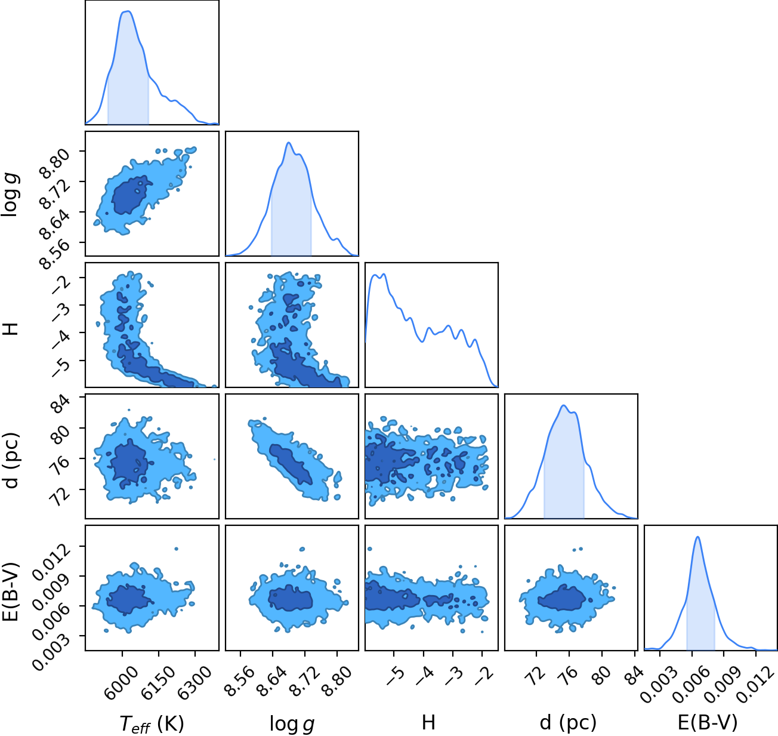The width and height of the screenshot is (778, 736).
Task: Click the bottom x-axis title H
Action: coord(428,722)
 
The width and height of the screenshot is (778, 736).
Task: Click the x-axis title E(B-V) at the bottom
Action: coord(708,723)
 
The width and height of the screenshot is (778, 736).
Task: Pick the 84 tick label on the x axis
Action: coord(632,676)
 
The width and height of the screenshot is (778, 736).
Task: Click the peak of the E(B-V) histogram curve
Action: coord(697,537)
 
